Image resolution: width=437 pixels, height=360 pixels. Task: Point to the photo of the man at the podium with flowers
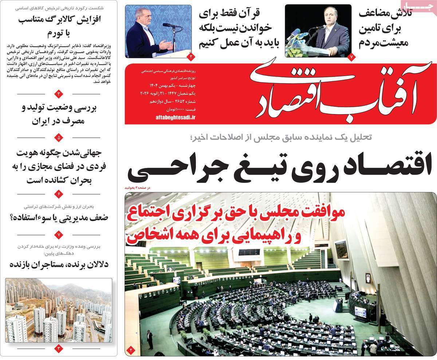tap(318, 31)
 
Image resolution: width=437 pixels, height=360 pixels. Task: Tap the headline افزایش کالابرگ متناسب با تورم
tap(59, 26)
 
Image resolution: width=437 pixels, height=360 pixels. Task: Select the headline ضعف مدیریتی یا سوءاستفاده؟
tap(59, 218)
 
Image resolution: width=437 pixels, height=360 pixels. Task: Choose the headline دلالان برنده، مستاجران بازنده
tap(59, 264)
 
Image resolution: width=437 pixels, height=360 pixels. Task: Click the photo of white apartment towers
tap(59, 310)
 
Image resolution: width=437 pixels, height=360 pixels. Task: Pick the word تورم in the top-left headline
tap(59, 34)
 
